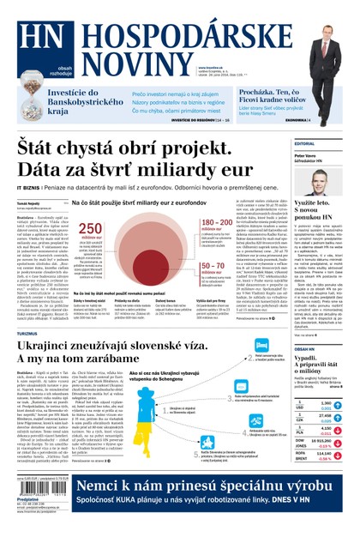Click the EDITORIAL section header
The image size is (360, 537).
tap(306, 143)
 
